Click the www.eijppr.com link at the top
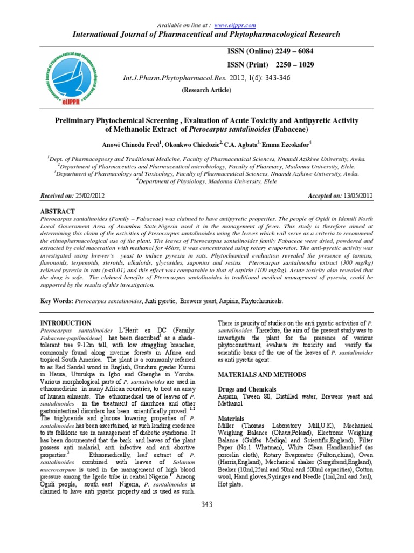235,26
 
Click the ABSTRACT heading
58,211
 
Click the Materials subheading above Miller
231,419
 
